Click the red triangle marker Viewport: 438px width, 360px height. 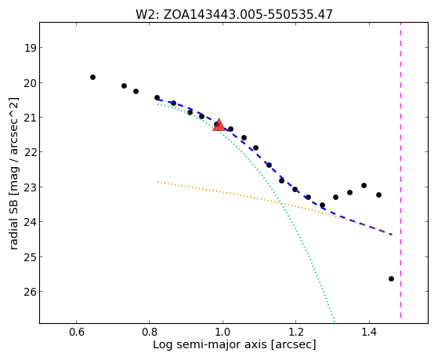(x=219, y=125)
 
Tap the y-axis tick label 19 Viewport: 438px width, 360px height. (x=31, y=48)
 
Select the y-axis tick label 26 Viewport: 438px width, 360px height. (x=31, y=292)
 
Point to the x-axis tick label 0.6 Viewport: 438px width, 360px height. (x=76, y=333)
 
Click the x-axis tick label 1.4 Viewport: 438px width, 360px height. (x=369, y=333)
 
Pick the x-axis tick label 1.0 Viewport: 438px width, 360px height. (x=223, y=333)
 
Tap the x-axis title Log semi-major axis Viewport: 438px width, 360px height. (x=209, y=345)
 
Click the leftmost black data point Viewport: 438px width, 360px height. (x=92, y=77)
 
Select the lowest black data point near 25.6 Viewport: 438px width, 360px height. (x=391, y=278)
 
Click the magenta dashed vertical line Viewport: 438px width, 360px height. (x=401, y=170)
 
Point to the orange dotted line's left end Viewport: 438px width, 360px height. (x=157, y=182)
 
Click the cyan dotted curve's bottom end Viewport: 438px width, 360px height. (x=334, y=321)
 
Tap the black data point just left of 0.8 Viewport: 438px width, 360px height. (x=136, y=91)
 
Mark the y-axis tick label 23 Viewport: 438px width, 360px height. (x=31, y=187)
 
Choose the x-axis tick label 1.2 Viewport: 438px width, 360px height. (x=296, y=333)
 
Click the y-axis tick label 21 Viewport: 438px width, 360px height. (x=31, y=118)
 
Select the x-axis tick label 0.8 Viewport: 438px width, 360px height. (x=150, y=333)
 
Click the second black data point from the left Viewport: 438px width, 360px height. (x=124, y=85)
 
